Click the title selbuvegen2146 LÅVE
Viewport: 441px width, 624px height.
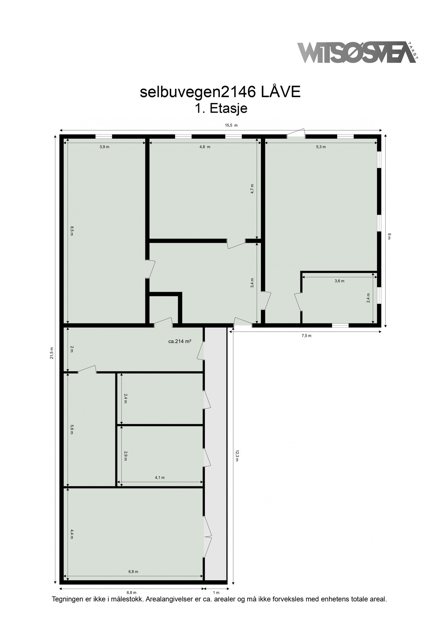click(220, 92)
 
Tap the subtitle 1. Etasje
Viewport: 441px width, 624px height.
click(221, 109)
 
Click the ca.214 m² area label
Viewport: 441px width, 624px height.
click(180, 341)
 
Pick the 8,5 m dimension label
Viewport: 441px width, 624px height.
click(72, 231)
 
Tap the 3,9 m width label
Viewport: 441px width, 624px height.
click(104, 147)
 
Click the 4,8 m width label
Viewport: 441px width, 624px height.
click(205, 147)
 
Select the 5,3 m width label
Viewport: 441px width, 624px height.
click(321, 147)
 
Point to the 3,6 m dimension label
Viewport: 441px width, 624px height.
click(339, 281)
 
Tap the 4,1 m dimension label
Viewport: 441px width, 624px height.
click(160, 477)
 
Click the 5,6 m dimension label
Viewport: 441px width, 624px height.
click(72, 429)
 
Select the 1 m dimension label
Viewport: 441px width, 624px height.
click(216, 592)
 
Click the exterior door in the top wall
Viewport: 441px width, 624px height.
click(296, 135)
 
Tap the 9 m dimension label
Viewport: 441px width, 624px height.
click(389, 236)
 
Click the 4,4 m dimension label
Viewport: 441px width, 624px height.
click(72, 533)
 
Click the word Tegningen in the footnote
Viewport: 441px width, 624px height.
click(67, 599)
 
